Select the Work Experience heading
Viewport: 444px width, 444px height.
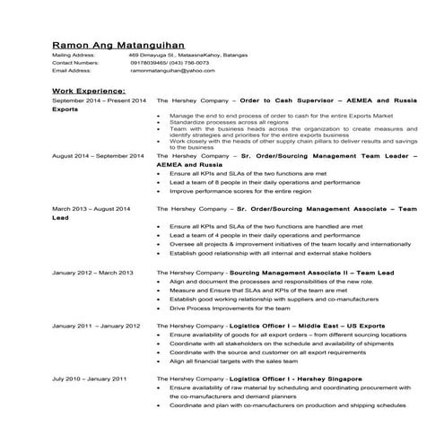(88, 91)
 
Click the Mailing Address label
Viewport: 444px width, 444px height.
(74, 56)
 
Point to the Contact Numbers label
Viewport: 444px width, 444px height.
(75, 63)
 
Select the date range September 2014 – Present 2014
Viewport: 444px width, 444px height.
(99, 102)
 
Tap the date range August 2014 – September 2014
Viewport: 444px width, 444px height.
(98, 156)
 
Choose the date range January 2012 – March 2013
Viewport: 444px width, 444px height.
(92, 272)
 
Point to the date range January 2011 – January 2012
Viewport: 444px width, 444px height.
(96, 325)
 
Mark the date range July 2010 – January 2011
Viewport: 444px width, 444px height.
(89, 379)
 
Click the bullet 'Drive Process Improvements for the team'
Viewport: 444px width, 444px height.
(225, 308)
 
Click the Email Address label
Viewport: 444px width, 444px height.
(71, 70)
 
